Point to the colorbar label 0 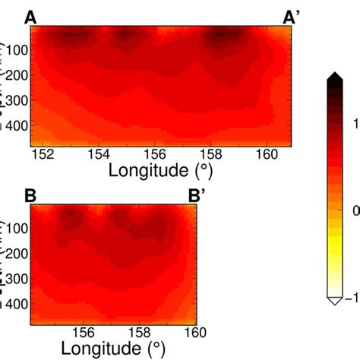pos(355,209)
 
